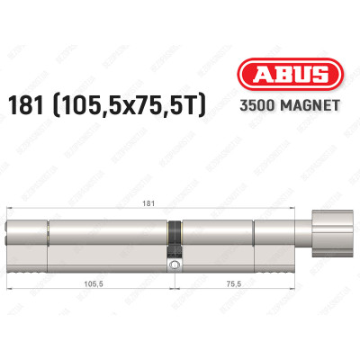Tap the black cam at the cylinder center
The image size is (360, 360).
(174, 237)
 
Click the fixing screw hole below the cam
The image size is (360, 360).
(174, 265)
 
